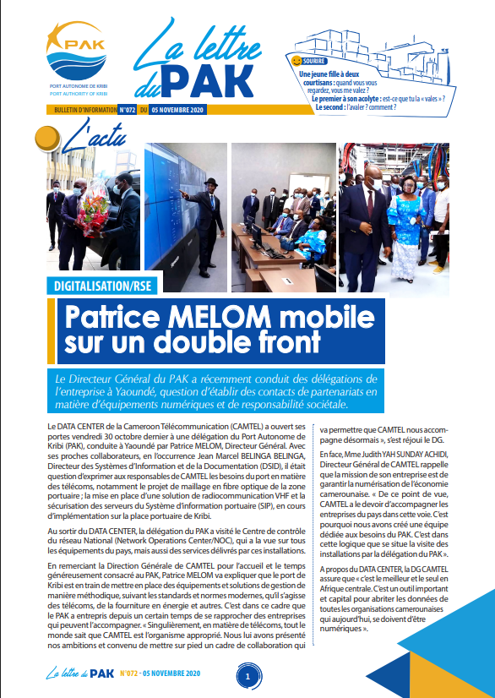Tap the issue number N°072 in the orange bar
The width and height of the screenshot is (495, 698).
(x=128, y=110)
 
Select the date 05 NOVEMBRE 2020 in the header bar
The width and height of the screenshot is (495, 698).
(x=180, y=110)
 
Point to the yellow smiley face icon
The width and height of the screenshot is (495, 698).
(x=296, y=61)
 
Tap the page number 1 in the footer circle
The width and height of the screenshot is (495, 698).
(x=247, y=676)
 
